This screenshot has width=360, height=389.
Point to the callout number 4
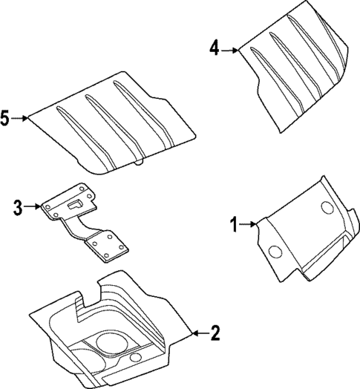(214, 49)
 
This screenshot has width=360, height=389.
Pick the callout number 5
(5, 117)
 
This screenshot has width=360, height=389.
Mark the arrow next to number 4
(229, 50)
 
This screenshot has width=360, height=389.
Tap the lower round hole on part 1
(275, 252)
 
